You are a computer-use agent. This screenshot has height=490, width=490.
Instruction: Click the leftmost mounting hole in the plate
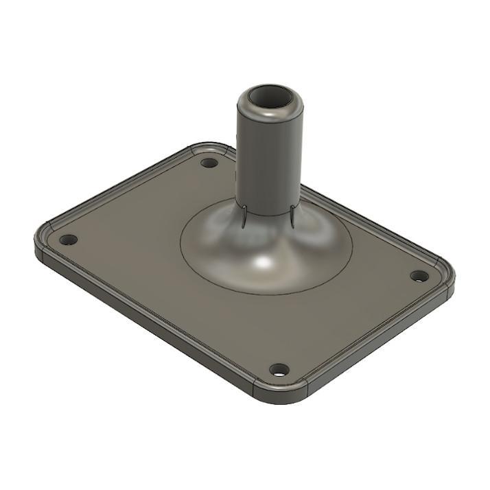(69, 240)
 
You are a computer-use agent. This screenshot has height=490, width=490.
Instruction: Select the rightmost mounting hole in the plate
(419, 276)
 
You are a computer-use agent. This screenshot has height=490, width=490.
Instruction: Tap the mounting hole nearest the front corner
(279, 370)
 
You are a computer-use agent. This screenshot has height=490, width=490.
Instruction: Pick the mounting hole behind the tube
(209, 163)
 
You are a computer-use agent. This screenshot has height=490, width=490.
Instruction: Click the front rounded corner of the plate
(281, 397)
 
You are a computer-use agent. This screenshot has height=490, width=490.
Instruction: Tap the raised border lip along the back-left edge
(117, 185)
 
